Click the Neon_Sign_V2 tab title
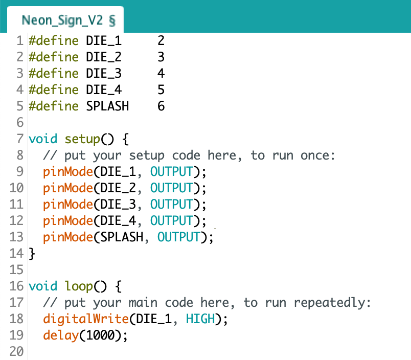[62, 20]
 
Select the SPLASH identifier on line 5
[107, 106]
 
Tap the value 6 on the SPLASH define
[161, 106]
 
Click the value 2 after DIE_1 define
[161, 40]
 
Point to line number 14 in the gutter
[16, 253]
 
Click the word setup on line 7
[82, 139]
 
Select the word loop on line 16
[79, 286]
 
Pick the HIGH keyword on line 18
[200, 319]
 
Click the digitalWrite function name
[86, 319]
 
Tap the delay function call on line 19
[61, 335]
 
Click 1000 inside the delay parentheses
[100, 335]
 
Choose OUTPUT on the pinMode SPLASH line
[179, 237]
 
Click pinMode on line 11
[68, 205]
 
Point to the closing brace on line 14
[32, 254]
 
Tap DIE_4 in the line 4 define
[104, 89]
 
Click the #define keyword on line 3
[54, 73]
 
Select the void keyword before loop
[43, 286]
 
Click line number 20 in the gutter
[16, 351]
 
